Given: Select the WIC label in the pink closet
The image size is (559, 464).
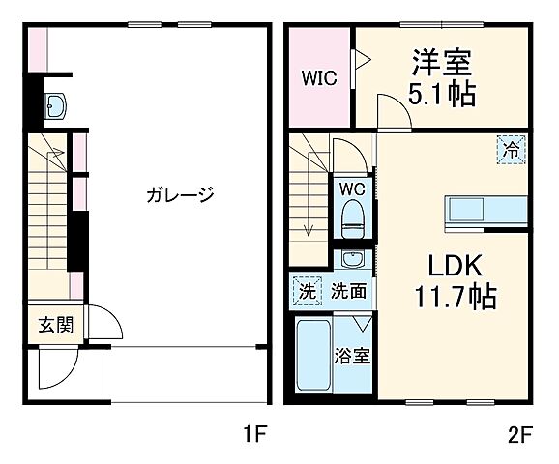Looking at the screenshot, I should (317, 78).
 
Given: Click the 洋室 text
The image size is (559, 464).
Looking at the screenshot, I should (442, 64).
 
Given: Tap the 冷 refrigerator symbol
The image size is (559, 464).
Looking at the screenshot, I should (513, 150).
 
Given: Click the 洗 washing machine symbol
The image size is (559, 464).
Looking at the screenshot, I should (306, 290).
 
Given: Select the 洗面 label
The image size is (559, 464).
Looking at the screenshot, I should (349, 290).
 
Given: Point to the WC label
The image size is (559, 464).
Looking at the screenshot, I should (352, 188).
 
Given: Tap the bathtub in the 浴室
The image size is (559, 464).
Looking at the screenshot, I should (312, 359).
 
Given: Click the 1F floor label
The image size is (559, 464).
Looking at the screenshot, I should (253, 435).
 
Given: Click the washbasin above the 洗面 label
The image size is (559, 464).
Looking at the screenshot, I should (353, 259).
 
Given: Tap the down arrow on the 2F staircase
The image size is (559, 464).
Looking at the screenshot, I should (308, 228).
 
